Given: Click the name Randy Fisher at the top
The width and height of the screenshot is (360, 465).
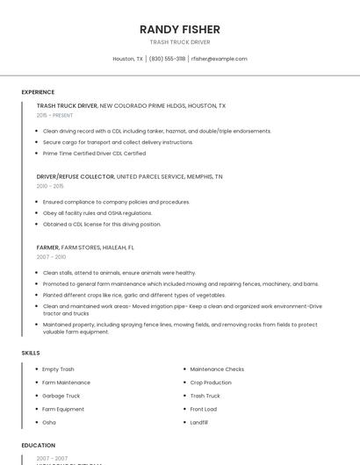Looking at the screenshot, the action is (180, 29).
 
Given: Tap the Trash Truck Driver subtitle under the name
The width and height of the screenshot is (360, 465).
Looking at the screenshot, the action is (180, 42).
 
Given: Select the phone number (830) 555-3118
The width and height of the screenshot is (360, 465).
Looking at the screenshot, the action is (167, 59).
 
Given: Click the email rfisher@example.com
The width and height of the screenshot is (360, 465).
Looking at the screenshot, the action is (219, 59).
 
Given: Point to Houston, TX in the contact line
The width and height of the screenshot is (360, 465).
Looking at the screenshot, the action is (127, 59).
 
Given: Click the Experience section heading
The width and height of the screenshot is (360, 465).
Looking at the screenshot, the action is (38, 92).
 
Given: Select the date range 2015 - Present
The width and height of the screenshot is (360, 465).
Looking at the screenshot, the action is (54, 115).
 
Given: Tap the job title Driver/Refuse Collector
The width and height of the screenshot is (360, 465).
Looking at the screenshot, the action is (76, 176).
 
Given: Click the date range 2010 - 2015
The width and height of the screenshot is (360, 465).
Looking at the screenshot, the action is (50, 186).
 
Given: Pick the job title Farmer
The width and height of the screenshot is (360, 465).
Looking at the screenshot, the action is (47, 247).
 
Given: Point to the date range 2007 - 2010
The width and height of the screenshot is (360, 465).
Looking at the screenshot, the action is (51, 257).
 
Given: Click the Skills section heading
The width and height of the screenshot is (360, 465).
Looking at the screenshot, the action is (31, 353).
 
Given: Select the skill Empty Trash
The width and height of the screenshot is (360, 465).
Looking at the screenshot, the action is (58, 369).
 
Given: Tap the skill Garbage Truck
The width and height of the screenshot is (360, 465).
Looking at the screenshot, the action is (61, 396).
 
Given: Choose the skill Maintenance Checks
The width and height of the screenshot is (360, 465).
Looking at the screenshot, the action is (217, 369).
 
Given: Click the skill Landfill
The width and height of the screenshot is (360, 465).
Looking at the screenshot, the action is (199, 422).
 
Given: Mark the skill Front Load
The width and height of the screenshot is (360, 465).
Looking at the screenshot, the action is (203, 409).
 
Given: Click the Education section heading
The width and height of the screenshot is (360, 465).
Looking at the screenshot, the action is (38, 446).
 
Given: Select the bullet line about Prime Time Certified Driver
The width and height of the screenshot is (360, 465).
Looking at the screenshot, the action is (94, 154).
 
